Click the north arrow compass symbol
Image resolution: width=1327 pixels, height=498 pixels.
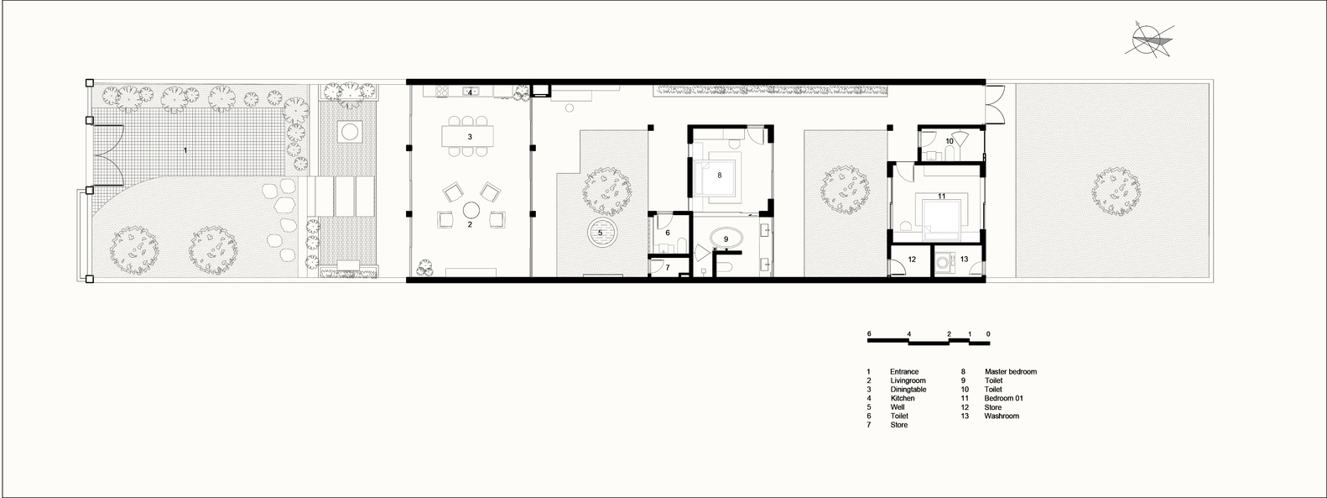[x=1149, y=41]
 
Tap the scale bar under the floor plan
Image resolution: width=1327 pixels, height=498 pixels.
[x=929, y=340]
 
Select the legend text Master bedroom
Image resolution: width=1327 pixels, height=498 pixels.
[x=1011, y=372]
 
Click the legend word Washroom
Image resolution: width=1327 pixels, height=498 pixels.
[x=1002, y=417]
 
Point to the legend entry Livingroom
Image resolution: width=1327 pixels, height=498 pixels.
[x=908, y=380]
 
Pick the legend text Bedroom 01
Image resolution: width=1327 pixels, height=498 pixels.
[x=1003, y=398]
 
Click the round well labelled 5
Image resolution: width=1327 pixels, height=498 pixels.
[x=603, y=233]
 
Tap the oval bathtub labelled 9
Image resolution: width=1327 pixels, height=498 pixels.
[x=726, y=239]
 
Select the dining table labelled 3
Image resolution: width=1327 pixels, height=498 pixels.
[x=467, y=136]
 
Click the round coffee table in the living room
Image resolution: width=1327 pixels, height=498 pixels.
[x=471, y=210]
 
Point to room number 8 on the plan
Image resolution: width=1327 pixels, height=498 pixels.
[x=719, y=176]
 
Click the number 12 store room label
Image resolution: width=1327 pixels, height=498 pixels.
[x=912, y=259]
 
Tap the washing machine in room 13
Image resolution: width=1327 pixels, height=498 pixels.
[x=944, y=263]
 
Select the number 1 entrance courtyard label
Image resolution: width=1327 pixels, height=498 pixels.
[x=185, y=150]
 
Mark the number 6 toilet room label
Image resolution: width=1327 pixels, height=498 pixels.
[x=668, y=233]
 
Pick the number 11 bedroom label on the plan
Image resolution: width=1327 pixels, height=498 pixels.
[x=941, y=197]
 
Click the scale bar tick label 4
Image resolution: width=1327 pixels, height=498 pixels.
[x=909, y=333]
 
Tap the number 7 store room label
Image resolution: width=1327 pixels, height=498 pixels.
[x=668, y=268]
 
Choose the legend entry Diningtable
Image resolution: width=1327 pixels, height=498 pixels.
[x=908, y=390]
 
